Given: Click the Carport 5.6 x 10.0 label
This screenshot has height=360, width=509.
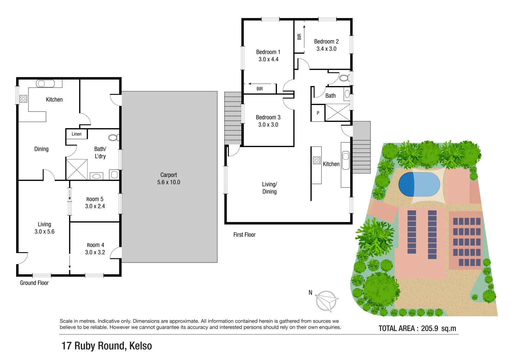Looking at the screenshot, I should pos(169,179).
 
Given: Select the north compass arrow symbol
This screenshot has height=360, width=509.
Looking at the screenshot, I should pos(327,301).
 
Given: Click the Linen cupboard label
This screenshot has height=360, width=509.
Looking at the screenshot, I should pos(76,134).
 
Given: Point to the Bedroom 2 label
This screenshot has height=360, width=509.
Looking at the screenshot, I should pos(326,42).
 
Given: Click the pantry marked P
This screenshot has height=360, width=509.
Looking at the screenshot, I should pos(318,113).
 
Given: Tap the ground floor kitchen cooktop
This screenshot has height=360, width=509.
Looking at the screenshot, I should pos(23,99).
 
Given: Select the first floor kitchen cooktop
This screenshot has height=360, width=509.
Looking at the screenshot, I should pos(317,160).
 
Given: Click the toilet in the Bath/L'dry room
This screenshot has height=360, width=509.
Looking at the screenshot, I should pos(113,138).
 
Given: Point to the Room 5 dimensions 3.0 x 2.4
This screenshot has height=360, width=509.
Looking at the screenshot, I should pos(95,206).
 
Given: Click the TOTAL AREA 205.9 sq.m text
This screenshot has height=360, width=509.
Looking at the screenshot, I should pos(417,328).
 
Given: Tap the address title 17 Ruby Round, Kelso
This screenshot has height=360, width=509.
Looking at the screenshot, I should pos(107,346).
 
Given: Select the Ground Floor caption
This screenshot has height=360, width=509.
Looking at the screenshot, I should pos(34,283).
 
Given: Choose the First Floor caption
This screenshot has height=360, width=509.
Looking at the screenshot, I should pos(244,235).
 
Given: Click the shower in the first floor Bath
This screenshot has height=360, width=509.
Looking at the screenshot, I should pos(337,112).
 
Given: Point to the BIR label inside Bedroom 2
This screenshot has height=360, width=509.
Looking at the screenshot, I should pos(299,37).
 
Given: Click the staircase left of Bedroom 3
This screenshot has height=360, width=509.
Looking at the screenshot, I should pos(233,118).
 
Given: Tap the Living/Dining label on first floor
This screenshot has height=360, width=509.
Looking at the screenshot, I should pos(269,188).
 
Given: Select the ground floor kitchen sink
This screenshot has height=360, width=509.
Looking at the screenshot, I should pos(45,83).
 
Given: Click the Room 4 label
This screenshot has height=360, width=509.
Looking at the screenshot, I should pos(95,245).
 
